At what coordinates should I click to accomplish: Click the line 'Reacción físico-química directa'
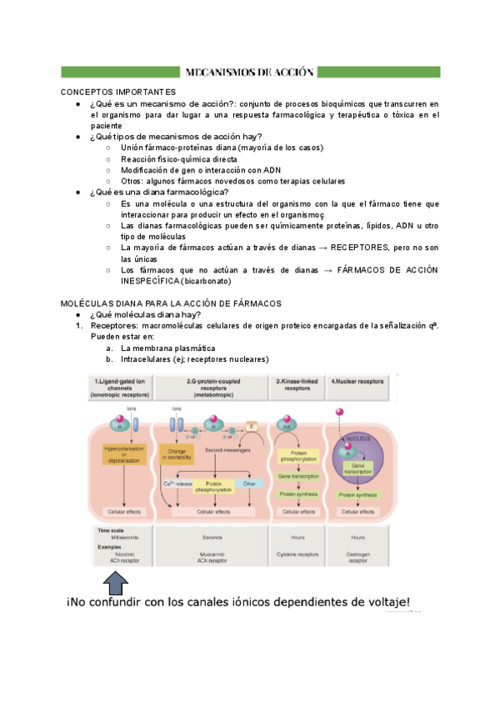tap(183, 158)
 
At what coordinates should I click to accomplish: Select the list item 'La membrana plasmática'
tap(167, 348)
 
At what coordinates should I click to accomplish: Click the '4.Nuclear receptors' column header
tap(359, 380)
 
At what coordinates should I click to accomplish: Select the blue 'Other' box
tap(247, 484)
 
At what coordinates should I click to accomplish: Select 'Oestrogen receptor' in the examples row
tap(358, 558)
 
